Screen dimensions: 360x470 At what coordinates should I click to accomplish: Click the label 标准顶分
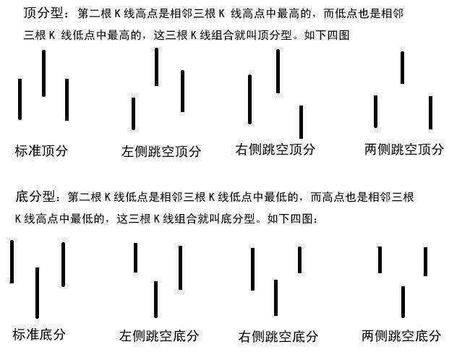pyautogui.click(x=41, y=151)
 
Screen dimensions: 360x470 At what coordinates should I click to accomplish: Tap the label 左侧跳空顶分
pyautogui.click(x=161, y=151)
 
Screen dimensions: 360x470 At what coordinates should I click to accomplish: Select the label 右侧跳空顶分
pyautogui.click(x=275, y=150)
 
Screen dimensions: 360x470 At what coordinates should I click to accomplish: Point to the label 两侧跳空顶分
pyautogui.click(x=404, y=150)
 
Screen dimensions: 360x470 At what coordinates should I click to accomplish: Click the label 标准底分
pyautogui.click(x=39, y=334)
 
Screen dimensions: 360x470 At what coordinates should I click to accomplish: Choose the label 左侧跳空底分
pyautogui.click(x=159, y=335)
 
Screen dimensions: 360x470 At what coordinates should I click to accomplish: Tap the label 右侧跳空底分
pyautogui.click(x=278, y=336)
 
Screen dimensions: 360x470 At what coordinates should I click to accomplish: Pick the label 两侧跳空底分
pyautogui.click(x=401, y=335)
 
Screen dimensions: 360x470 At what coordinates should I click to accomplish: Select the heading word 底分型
pyautogui.click(x=35, y=197)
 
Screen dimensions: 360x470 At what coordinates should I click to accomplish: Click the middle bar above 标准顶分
pyautogui.click(x=44, y=73)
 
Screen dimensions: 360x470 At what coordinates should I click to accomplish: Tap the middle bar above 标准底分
pyautogui.click(x=38, y=292)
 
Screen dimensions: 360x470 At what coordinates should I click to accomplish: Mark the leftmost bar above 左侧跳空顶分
pyautogui.click(x=134, y=113)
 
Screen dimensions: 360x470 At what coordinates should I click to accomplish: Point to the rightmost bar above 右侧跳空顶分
pyautogui.click(x=301, y=121)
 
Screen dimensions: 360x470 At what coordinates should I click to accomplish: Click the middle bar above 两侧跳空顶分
pyautogui.click(x=403, y=67)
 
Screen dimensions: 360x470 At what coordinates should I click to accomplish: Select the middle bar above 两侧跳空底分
pyautogui.click(x=403, y=301)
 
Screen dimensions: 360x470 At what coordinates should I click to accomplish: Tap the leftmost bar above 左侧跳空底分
pyautogui.click(x=135, y=257)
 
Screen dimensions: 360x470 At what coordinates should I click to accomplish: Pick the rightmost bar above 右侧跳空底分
pyautogui.click(x=299, y=260)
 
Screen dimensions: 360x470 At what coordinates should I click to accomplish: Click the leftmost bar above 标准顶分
pyautogui.click(x=20, y=99)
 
